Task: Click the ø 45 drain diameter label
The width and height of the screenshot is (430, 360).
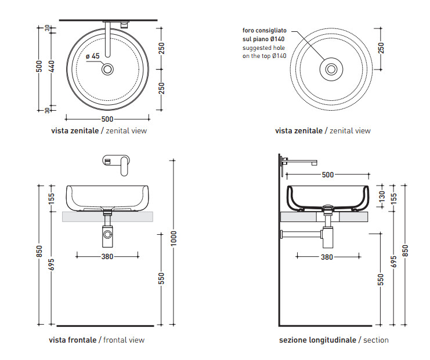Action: [x=93, y=56]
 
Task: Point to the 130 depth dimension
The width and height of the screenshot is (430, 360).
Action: [x=381, y=196]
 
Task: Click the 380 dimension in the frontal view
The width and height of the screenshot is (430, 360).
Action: [x=107, y=256]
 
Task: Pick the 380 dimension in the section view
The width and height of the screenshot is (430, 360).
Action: [x=327, y=257]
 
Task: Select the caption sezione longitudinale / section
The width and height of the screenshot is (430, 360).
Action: [x=334, y=340]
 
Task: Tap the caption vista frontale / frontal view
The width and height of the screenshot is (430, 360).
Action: [x=97, y=340]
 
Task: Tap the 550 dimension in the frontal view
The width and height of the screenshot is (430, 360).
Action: [x=162, y=278]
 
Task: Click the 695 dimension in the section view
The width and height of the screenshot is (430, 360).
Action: [x=394, y=262]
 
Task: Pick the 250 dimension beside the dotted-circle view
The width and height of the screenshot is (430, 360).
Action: [x=381, y=48]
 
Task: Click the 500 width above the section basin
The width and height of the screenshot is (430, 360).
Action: [x=328, y=174]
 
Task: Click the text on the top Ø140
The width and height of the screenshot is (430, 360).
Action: [x=265, y=56]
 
